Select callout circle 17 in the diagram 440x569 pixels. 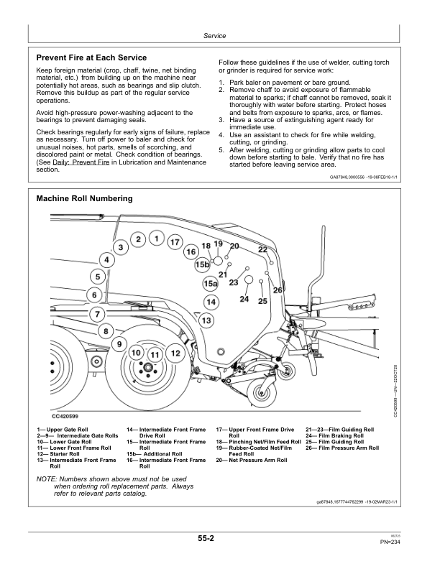174,243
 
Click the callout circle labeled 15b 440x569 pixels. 202,265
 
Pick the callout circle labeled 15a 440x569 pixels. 210,284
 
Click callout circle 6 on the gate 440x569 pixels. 93,295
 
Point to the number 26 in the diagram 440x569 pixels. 278,290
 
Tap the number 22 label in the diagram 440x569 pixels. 262,249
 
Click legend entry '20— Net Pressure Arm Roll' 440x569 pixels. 252,460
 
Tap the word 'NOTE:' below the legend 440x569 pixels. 47,479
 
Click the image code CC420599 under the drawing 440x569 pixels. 65,416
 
